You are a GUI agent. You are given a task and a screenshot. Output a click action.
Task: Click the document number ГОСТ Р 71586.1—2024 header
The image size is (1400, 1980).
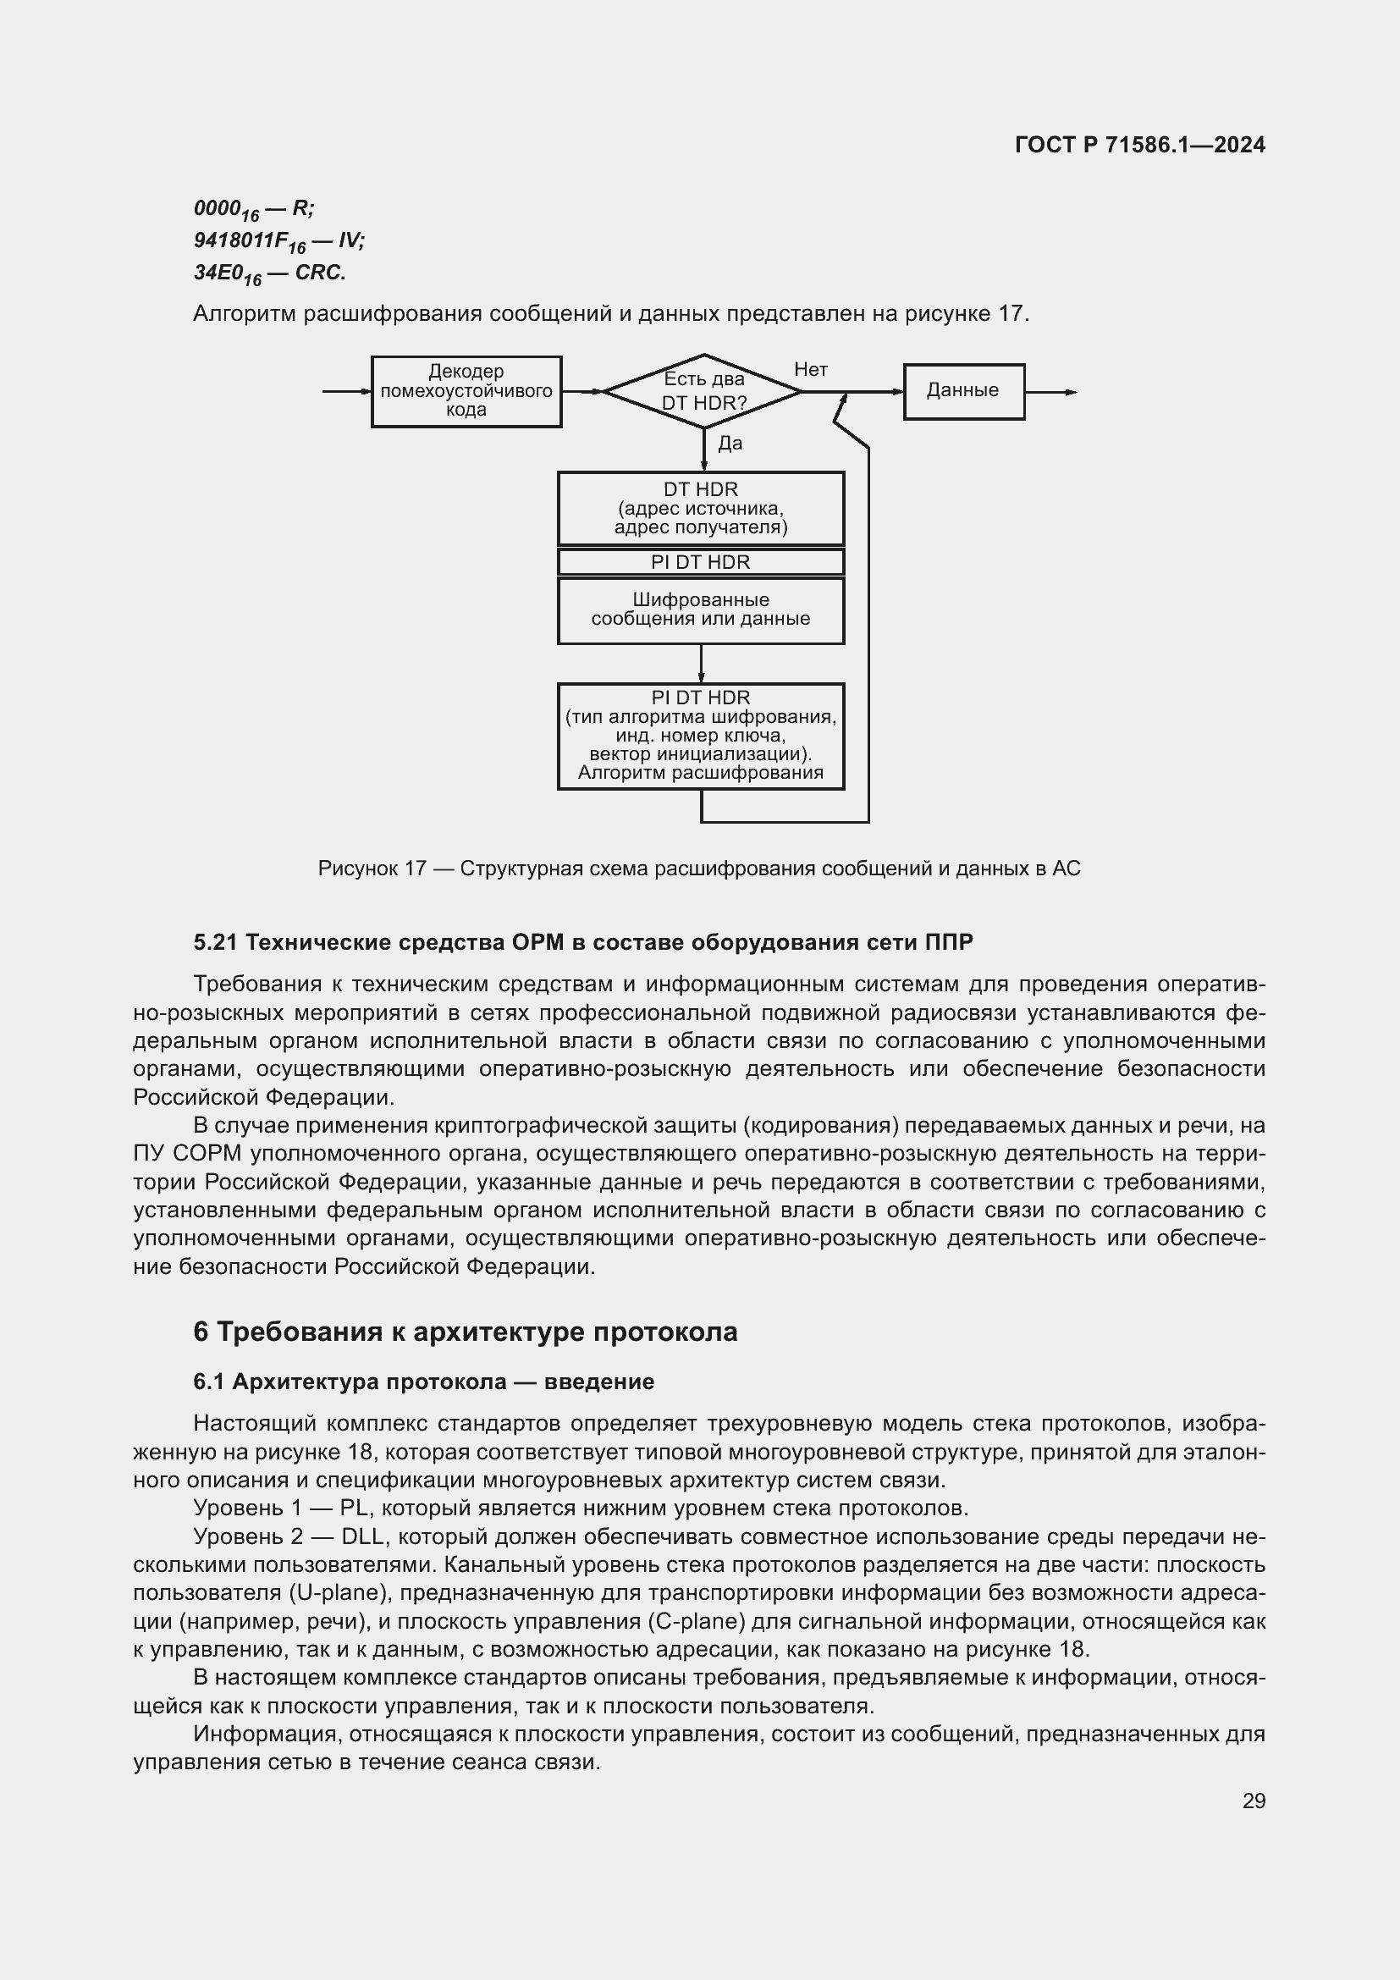[x=1138, y=145]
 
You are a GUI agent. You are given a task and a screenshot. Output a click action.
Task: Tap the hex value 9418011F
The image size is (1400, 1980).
[x=240, y=240]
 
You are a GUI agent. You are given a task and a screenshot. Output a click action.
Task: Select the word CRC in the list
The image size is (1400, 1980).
[x=320, y=273]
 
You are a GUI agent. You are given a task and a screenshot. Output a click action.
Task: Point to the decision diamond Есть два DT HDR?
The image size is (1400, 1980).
[x=703, y=390]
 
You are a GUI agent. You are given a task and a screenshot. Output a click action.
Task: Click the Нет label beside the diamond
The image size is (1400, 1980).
[x=810, y=369]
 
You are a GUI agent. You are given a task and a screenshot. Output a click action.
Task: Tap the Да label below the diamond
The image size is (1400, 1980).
[x=730, y=444]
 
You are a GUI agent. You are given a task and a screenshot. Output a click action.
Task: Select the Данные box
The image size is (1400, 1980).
[x=963, y=390]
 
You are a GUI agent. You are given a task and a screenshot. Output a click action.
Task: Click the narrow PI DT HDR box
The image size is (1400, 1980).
[x=700, y=561]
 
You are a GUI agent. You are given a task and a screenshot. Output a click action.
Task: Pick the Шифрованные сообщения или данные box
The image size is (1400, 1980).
[x=700, y=609]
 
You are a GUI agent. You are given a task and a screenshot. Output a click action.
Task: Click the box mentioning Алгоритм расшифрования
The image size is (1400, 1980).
[x=700, y=736]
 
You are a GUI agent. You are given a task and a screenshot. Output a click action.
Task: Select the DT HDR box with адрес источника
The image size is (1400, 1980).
[x=700, y=508]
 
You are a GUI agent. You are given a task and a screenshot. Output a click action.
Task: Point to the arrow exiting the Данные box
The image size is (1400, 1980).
[x=1051, y=393]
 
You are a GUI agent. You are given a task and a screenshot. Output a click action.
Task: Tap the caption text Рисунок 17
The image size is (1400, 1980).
[x=372, y=868]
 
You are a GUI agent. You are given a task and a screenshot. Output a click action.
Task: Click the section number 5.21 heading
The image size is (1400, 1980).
[x=215, y=942]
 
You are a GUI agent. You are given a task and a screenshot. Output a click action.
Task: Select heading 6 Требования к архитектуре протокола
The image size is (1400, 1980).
[x=465, y=1332]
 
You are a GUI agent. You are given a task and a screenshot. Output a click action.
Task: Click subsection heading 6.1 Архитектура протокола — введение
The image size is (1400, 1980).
[x=423, y=1382]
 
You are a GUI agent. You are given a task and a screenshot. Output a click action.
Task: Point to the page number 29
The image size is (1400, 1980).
[x=1254, y=1801]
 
